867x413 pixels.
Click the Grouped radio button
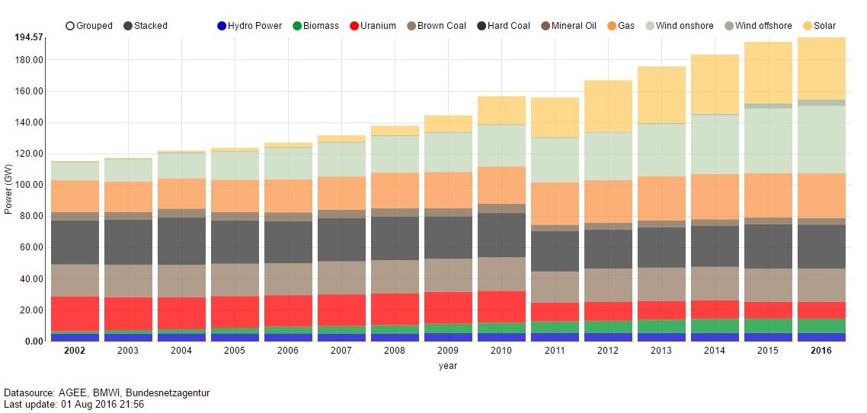(x=70, y=26)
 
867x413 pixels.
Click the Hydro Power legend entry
(x=222, y=26)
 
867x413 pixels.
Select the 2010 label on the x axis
(x=502, y=351)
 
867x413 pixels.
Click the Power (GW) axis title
(x=9, y=189)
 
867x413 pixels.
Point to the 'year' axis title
(x=448, y=366)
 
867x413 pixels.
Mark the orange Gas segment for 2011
(x=555, y=203)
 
